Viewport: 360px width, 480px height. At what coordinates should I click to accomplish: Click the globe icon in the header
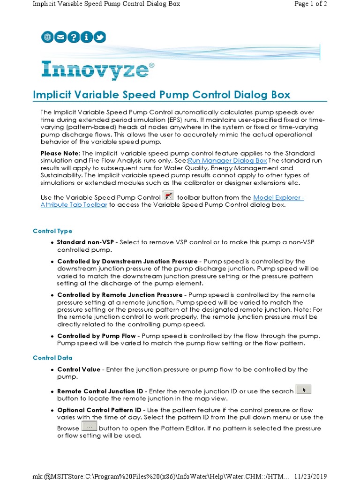pos(47,37)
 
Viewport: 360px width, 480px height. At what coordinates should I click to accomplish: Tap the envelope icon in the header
pos(60,37)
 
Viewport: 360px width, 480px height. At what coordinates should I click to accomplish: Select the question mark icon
pos(74,37)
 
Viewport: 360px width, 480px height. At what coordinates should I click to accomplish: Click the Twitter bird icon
pos(99,37)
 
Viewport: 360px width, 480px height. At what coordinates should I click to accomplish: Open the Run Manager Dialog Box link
pos(227,161)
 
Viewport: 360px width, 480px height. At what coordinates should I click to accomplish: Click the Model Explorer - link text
pos(278,198)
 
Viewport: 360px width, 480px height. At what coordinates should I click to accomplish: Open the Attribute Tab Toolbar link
pos(74,205)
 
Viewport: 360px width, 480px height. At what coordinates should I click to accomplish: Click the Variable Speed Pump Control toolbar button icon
pos(168,196)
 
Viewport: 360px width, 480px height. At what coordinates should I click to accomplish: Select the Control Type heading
pos(52,231)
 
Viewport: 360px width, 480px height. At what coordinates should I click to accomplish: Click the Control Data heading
pos(52,358)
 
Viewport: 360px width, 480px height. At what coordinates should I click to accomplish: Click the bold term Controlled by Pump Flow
pos(97,336)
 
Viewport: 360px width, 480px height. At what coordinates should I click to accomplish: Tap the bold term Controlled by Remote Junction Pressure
pos(120,295)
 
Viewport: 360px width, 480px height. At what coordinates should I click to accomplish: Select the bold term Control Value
pos(79,369)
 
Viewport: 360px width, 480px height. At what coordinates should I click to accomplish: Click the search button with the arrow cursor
pos(304,390)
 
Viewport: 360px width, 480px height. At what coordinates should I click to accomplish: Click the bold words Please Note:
pos(60,154)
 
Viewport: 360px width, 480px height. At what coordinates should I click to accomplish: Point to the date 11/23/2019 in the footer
pos(310,476)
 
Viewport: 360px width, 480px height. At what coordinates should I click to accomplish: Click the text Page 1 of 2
pos(310,4)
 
